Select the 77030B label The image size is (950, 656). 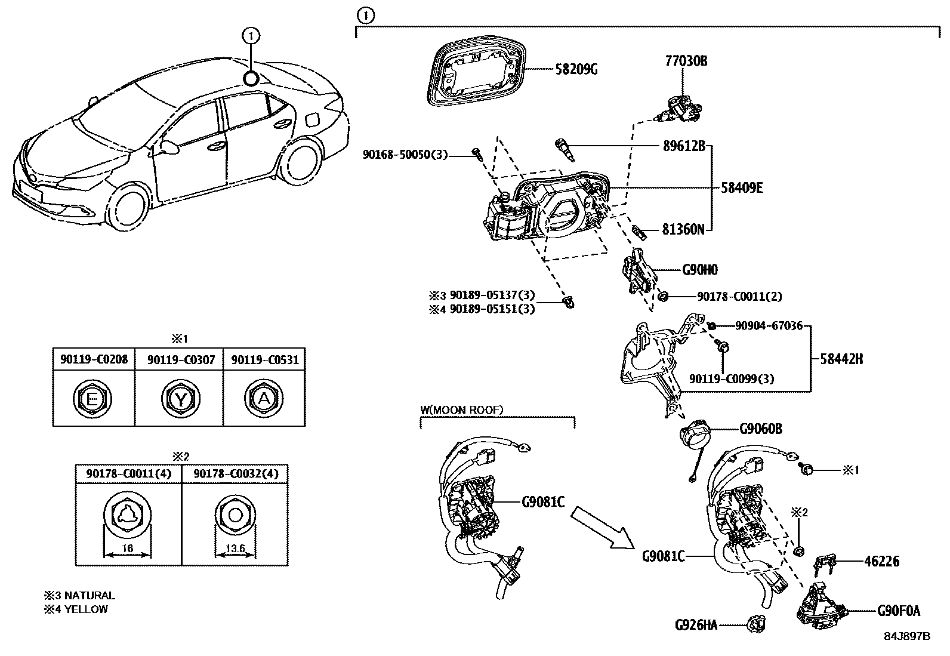click(x=686, y=60)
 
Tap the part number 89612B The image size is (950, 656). click(x=684, y=146)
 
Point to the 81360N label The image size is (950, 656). click(x=683, y=229)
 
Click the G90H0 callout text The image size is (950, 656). click(x=700, y=270)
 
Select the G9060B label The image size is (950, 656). click(x=761, y=429)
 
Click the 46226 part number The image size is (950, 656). click(x=881, y=561)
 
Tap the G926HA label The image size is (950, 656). click(x=696, y=625)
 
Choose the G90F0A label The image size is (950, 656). click(x=899, y=611)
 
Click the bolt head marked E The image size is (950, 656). click(x=93, y=399)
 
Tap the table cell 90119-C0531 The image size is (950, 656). click(x=264, y=360)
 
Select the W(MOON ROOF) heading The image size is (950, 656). click(x=461, y=410)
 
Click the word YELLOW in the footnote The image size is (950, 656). click(x=88, y=609)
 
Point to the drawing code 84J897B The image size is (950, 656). click(x=907, y=636)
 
